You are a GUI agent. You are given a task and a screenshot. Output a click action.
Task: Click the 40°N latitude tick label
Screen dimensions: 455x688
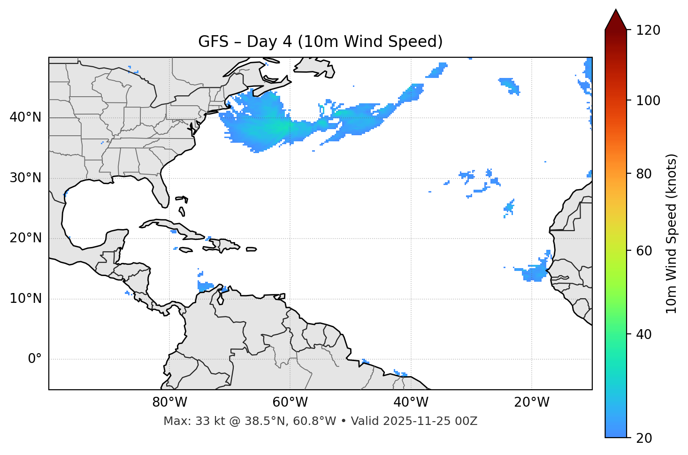tap(25, 117)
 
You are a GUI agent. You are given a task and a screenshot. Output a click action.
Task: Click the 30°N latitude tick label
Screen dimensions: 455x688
tap(25, 178)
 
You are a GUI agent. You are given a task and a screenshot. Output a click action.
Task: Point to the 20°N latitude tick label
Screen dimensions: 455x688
tap(25, 238)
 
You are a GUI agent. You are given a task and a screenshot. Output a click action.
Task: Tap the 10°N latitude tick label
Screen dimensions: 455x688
tap(25, 299)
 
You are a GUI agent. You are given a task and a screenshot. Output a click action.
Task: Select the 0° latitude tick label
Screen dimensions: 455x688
tap(34, 359)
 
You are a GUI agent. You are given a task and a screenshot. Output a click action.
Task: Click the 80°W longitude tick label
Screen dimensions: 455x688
tap(169, 402)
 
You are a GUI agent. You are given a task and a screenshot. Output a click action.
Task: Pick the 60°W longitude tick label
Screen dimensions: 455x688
tap(290, 402)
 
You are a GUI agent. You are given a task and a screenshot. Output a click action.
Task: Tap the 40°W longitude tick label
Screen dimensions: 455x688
tap(411, 402)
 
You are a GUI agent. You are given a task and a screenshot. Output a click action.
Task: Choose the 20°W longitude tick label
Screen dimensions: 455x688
tap(531, 402)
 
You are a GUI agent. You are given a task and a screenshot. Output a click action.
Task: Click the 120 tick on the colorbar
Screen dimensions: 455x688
tap(648, 30)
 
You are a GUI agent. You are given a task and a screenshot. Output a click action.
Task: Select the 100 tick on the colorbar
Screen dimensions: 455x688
tap(648, 100)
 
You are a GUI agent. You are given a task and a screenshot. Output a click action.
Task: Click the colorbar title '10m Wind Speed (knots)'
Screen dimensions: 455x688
tap(672, 233)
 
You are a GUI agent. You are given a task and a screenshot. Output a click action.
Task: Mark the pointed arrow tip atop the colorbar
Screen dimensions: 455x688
tap(616, 10)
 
